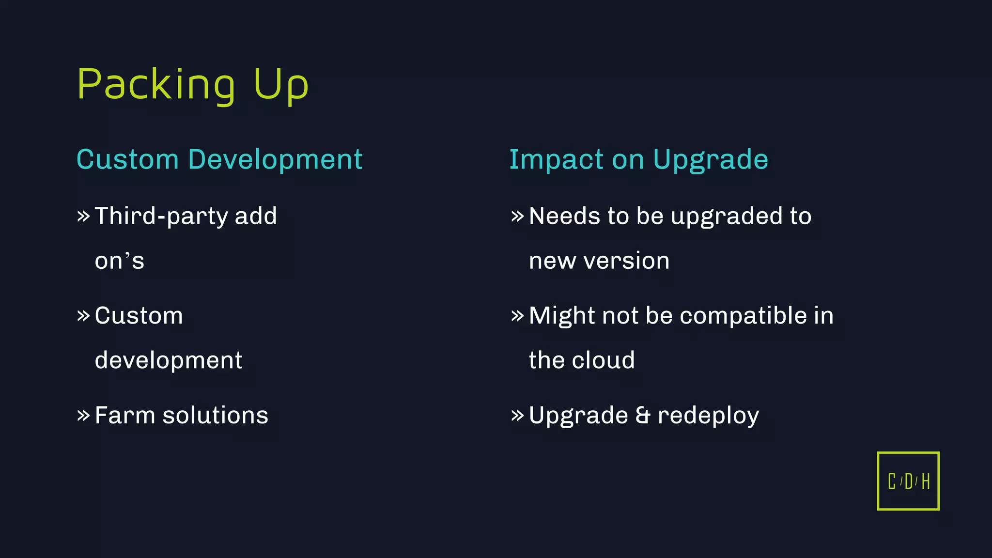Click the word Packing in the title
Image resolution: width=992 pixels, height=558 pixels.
coord(156,85)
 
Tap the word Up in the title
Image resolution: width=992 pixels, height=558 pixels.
coord(281,85)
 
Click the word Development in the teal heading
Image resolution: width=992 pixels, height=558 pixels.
coord(275,159)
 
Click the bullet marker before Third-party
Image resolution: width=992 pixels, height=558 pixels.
coord(83,216)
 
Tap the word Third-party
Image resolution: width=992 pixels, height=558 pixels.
coord(162,216)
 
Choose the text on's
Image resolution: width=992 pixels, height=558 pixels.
coord(119,261)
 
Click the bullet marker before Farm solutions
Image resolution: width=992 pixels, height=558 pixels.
coord(83,416)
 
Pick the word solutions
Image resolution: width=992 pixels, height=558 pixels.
coord(215,415)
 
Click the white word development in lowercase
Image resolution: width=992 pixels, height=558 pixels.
coord(168,360)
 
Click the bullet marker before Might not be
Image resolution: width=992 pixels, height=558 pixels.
coord(517,316)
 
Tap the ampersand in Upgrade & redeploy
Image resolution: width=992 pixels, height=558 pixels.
coord(642,415)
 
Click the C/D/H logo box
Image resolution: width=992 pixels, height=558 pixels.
coord(908,481)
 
